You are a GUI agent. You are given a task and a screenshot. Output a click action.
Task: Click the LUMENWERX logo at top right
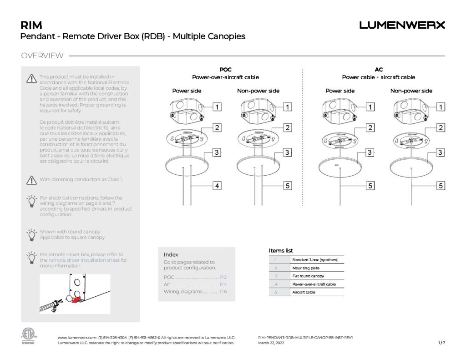pos(402,25)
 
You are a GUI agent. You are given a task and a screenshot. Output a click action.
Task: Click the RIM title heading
pos(31,25)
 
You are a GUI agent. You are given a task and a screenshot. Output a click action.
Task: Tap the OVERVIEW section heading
pos(42,56)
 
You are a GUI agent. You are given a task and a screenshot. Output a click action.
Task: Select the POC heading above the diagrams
pos(225,70)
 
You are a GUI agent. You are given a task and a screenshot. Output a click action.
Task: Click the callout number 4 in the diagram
pos(218,185)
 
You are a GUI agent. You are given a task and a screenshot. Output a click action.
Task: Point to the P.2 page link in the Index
pos(223,277)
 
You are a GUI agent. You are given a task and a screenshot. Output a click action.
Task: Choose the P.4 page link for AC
pos(223,284)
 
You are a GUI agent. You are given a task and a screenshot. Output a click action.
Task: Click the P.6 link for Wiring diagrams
pos(223,292)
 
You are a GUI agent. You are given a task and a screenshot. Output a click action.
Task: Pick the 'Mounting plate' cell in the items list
pos(317,268)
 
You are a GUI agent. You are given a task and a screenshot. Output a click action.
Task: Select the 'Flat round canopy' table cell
pos(317,276)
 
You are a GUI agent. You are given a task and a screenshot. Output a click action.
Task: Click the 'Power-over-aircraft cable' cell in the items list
pos(317,284)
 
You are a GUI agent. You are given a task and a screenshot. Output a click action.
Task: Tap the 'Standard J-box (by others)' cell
pos(317,260)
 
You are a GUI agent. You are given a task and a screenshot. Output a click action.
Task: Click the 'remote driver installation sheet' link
pos(84,260)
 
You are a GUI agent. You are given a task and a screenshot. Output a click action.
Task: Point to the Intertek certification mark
pos(28,336)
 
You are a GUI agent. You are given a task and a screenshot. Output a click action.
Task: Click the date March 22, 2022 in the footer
pos(271,343)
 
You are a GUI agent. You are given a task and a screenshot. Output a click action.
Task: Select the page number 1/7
pos(441,343)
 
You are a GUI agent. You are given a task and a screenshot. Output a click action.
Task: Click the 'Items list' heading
pos(281,251)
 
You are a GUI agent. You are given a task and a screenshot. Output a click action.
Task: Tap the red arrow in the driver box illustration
pos(78,299)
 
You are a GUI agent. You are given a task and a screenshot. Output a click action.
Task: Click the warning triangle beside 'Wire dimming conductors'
pos(31,180)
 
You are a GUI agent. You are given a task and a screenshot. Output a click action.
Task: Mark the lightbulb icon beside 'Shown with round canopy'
pos(31,235)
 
